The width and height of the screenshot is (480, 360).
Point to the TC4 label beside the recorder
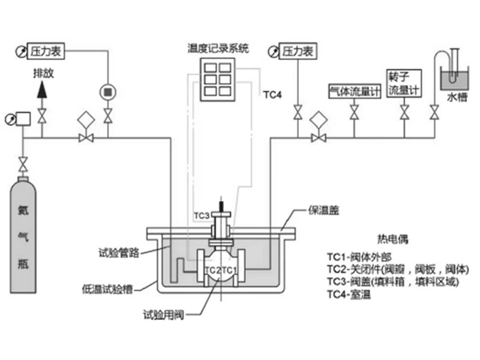click(x=272, y=94)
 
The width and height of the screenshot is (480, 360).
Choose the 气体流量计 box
click(x=355, y=91)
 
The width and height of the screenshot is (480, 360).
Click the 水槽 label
click(x=456, y=96)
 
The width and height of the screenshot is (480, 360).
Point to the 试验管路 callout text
click(x=119, y=253)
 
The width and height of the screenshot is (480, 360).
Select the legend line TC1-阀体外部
click(x=362, y=256)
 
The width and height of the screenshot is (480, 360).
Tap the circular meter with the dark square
click(x=107, y=91)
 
